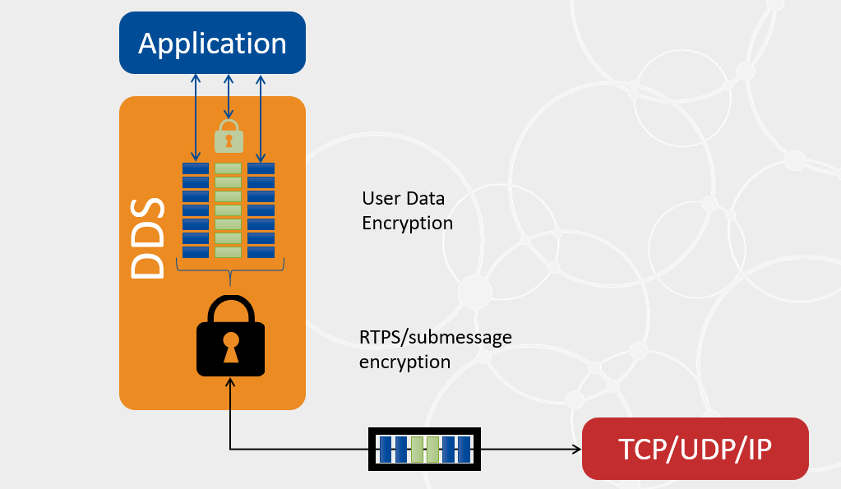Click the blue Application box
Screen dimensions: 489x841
click(212, 43)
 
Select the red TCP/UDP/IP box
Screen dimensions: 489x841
click(695, 449)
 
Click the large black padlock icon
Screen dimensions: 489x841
click(230, 337)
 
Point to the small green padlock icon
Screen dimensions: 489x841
click(229, 136)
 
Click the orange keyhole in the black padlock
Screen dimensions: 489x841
click(230, 346)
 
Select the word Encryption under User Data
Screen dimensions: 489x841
click(407, 223)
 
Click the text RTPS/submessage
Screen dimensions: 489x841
click(435, 337)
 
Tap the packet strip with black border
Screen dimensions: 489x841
click(424, 450)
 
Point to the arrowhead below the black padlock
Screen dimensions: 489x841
click(230, 383)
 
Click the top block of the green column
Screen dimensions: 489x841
click(229, 168)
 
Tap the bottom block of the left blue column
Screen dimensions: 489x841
click(196, 252)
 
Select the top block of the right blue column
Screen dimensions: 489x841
click(261, 168)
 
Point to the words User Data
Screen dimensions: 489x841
click(403, 198)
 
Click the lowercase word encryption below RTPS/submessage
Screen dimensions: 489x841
click(404, 362)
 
